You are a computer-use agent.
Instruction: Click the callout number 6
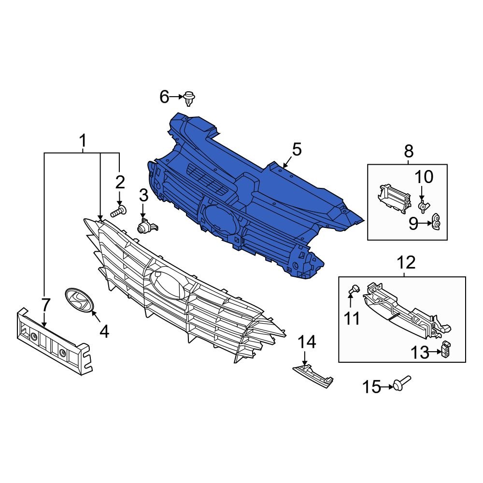click(x=164, y=98)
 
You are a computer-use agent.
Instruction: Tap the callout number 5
click(x=296, y=150)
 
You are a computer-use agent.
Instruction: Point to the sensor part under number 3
click(x=145, y=226)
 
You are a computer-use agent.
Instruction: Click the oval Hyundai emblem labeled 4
click(x=79, y=300)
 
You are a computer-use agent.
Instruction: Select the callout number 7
click(x=45, y=305)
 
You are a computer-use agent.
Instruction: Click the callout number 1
click(x=83, y=141)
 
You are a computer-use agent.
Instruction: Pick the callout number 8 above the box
click(x=409, y=152)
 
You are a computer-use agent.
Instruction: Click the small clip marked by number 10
click(x=423, y=207)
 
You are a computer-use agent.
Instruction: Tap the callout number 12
click(x=406, y=263)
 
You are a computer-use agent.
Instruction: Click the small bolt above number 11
click(x=354, y=290)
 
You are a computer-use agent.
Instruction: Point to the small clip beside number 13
click(x=446, y=350)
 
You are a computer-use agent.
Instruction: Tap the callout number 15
click(x=372, y=387)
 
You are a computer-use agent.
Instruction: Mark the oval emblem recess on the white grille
click(x=167, y=283)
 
